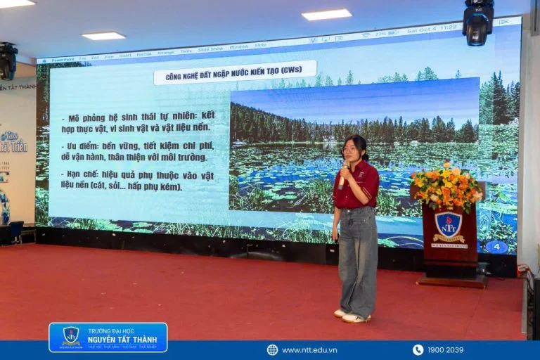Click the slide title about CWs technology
click(235, 72)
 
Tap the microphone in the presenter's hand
click(343, 175)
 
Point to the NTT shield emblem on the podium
click(448, 224)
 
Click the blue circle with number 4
click(496, 247)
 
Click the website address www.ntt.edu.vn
click(309, 349)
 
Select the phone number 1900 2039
click(445, 349)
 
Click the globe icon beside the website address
click(272, 349)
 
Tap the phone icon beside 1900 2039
click(418, 349)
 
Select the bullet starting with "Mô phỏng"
click(136, 120)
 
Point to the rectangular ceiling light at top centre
click(326, 14)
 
